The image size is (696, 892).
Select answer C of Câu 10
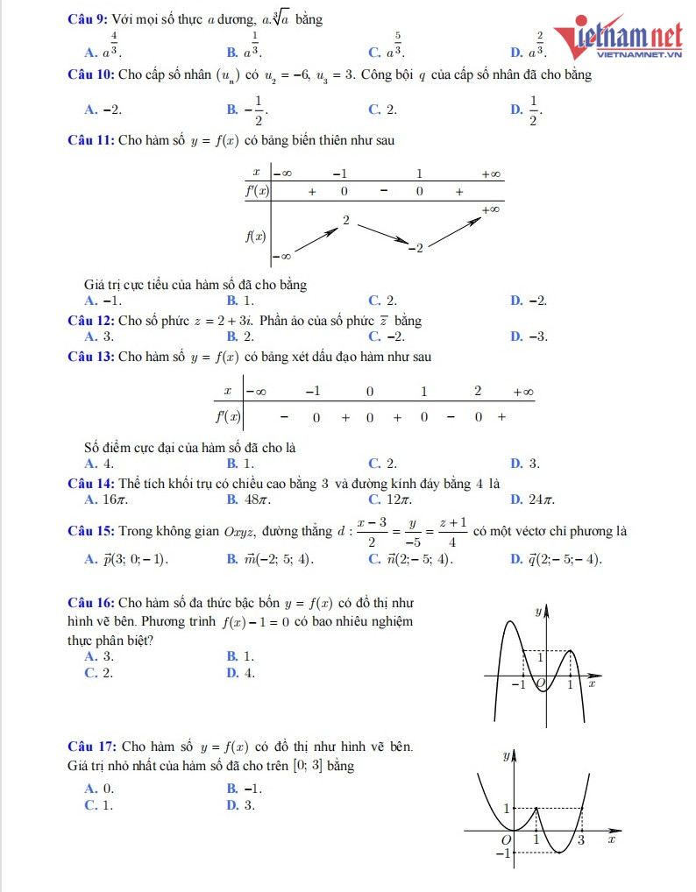(382, 110)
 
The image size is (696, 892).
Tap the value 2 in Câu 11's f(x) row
(346, 221)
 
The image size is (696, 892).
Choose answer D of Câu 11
(529, 301)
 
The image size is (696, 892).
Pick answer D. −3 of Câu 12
(529, 336)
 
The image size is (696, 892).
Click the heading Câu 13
(90, 357)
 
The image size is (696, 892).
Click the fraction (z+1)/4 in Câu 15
(452, 532)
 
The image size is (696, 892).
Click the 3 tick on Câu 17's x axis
(581, 840)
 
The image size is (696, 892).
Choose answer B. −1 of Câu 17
(245, 788)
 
